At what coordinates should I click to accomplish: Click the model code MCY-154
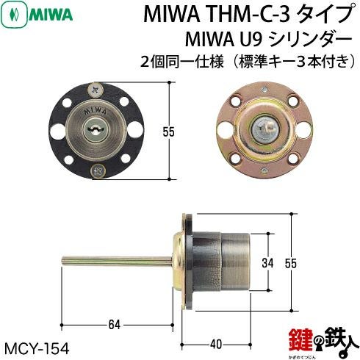coord(37,348)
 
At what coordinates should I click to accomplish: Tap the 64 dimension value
coord(115,325)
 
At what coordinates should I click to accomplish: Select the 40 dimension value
coord(217,345)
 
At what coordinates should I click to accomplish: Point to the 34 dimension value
coord(267,263)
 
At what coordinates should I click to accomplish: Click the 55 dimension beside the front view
coord(168,132)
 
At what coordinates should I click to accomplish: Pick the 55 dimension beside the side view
coord(291,263)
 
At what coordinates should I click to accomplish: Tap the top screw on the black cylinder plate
coord(96,90)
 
